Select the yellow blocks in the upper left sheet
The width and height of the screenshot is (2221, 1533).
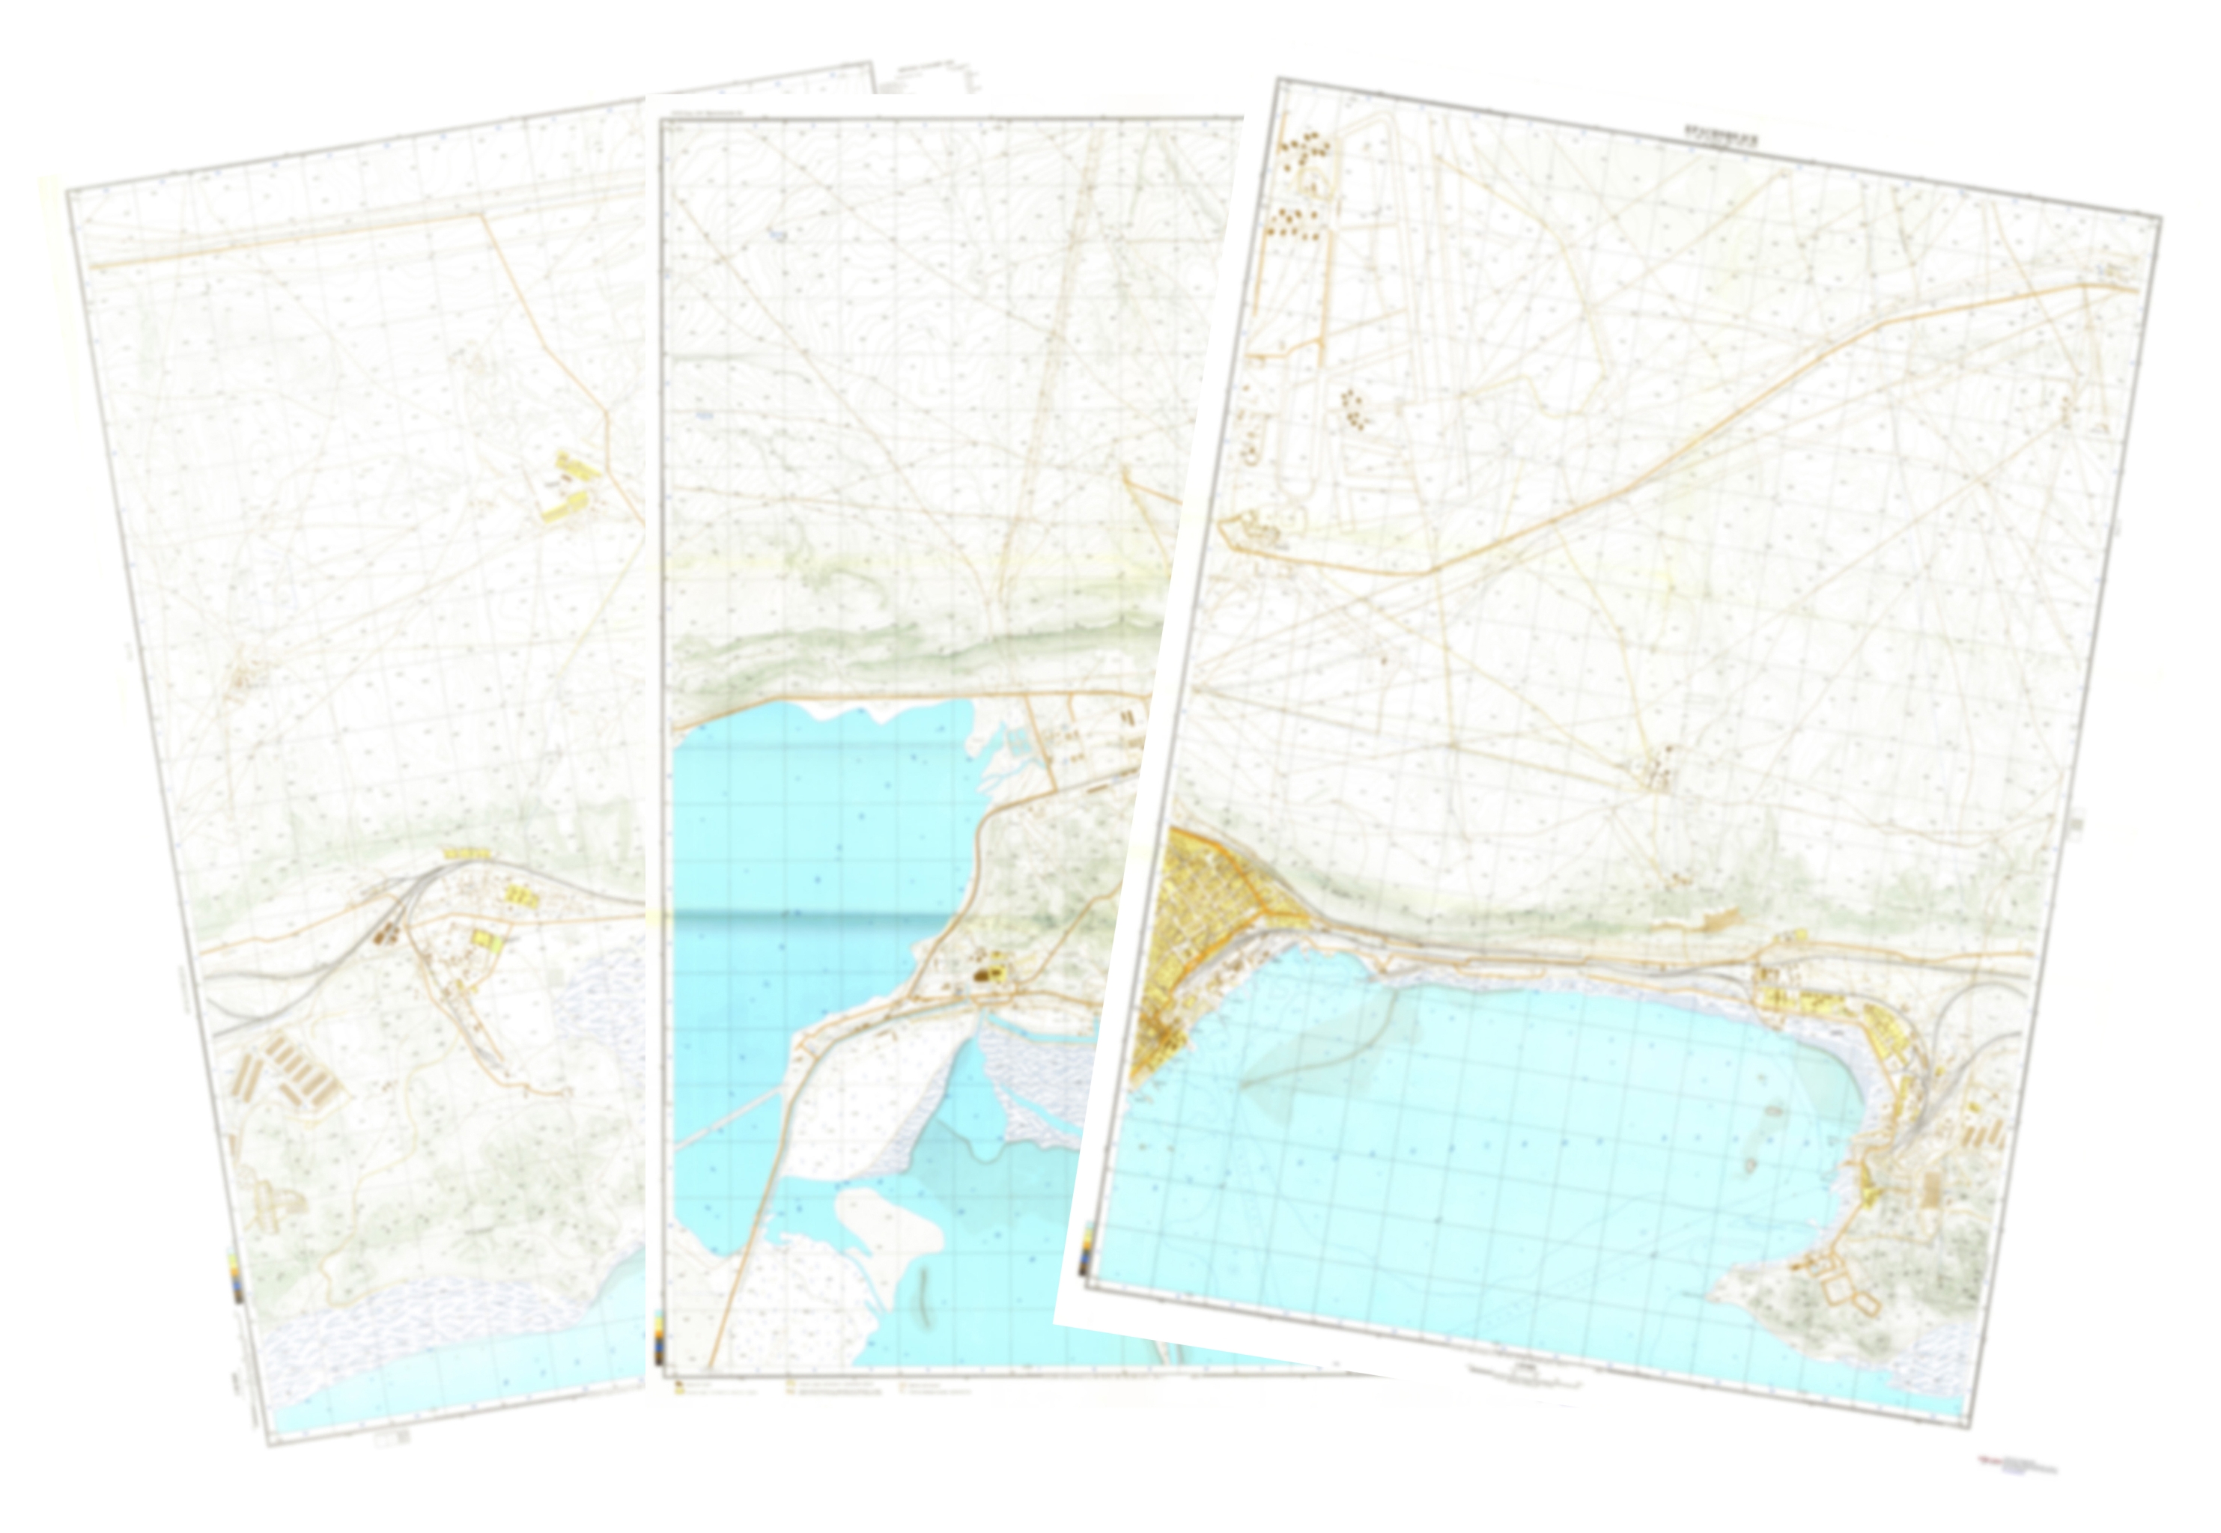click(571, 485)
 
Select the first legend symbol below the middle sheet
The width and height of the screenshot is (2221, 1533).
click(678, 1387)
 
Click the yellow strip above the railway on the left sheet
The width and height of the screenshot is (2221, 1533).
click(467, 853)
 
